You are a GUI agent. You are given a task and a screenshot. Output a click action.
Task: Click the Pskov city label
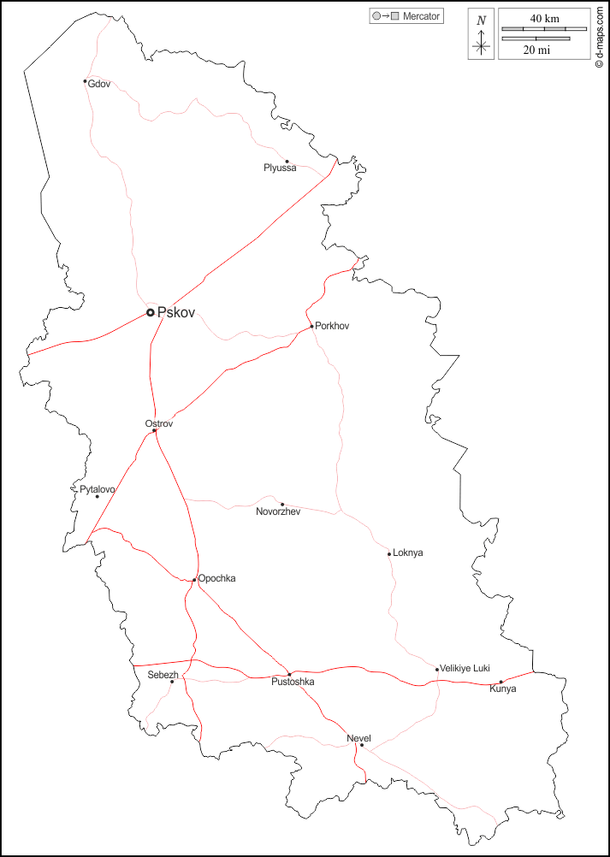pos(176,313)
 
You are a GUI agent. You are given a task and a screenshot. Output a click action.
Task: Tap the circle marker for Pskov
pos(151,313)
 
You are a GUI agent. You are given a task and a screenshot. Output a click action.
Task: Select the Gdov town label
pos(99,84)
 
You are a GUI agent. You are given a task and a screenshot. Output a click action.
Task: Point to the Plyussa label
pos(280,168)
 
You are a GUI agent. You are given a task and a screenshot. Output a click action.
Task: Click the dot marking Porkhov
pos(312,326)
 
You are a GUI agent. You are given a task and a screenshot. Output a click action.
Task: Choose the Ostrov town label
pos(159,423)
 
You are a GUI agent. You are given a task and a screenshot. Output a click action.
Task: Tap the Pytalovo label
pos(98,489)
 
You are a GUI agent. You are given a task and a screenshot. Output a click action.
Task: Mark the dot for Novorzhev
pos(282,504)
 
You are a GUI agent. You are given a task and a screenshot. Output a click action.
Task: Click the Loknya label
pos(407,553)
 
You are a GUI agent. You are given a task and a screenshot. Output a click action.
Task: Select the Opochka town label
pos(216,579)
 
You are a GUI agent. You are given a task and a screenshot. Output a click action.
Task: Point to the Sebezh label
pos(163,675)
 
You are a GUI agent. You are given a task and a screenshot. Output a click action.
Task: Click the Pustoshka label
pos(293,683)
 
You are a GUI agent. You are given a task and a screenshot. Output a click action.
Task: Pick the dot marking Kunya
pos(501,682)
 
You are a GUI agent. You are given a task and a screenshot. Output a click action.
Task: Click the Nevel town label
pos(358,737)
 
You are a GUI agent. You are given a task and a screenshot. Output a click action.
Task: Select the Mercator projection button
pos(406,16)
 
